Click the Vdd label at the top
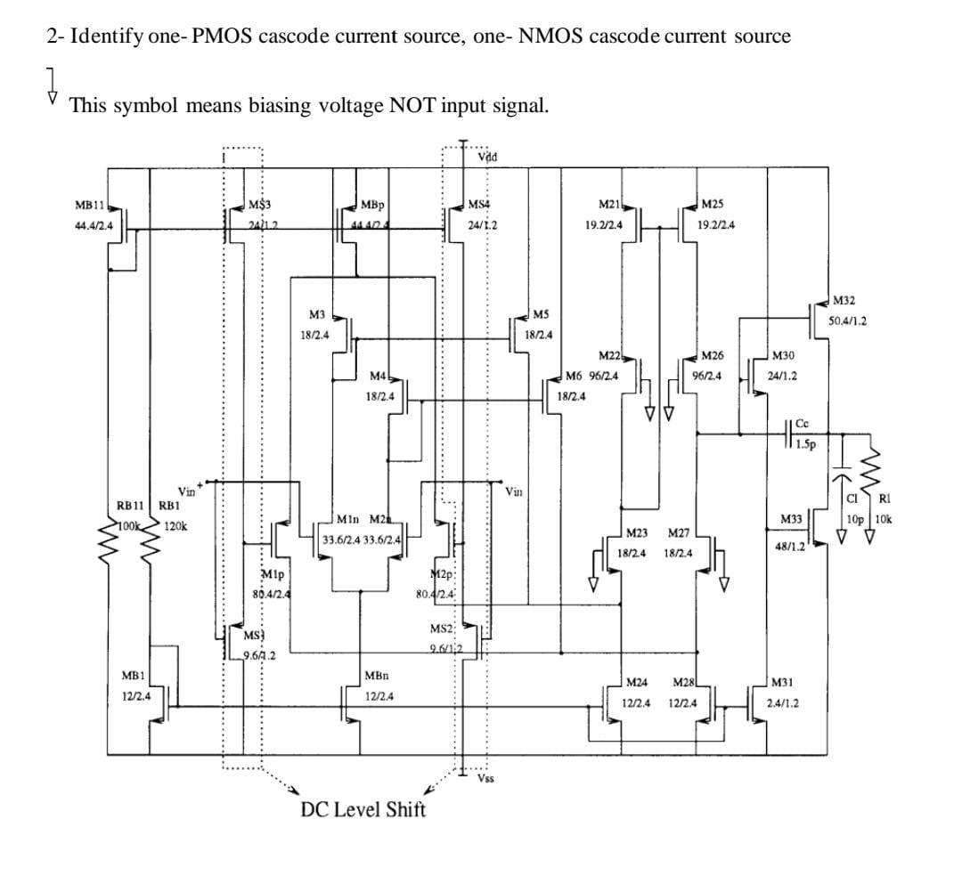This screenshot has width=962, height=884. point(487,158)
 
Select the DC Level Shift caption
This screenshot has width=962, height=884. point(363,809)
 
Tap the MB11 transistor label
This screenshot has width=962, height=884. point(90,205)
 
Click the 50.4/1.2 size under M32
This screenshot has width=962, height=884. point(847,320)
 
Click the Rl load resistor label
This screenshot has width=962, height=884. point(884,499)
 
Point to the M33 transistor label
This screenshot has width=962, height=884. point(792,518)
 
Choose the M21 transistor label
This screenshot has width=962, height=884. point(609,205)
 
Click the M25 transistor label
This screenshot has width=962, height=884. point(713,205)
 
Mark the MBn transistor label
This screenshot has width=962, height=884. point(376,676)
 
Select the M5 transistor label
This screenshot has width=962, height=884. point(541,314)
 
